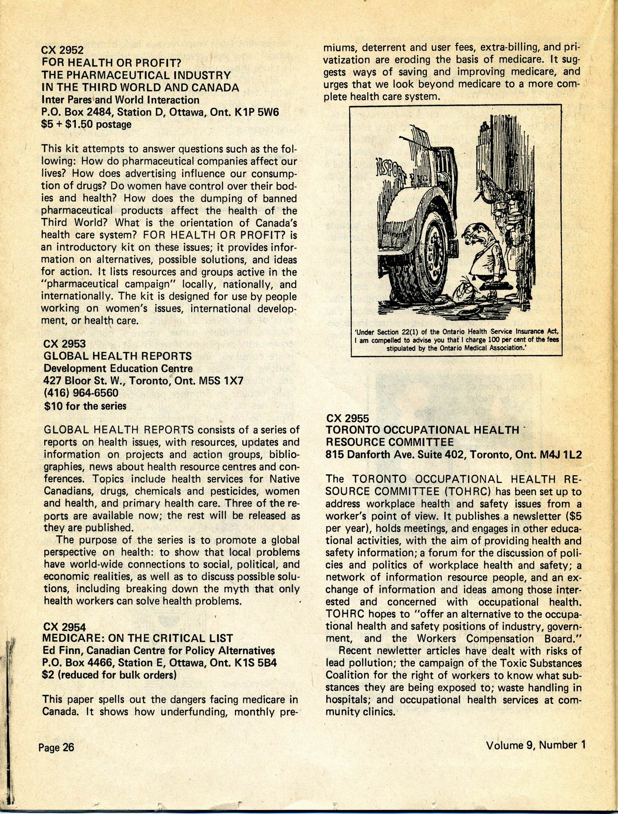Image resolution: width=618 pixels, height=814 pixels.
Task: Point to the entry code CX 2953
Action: click(64, 344)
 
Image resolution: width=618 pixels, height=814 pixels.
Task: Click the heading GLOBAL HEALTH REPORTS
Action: click(118, 356)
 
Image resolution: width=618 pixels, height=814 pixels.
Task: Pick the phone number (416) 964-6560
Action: click(81, 393)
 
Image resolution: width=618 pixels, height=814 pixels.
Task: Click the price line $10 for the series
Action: click(85, 406)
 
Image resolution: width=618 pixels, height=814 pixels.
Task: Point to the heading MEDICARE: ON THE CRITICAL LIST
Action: click(138, 638)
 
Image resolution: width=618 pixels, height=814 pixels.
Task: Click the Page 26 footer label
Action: click(56, 747)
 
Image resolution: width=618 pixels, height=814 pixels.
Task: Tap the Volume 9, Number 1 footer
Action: click(536, 745)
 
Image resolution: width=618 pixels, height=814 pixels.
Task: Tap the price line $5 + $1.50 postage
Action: click(86, 125)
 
